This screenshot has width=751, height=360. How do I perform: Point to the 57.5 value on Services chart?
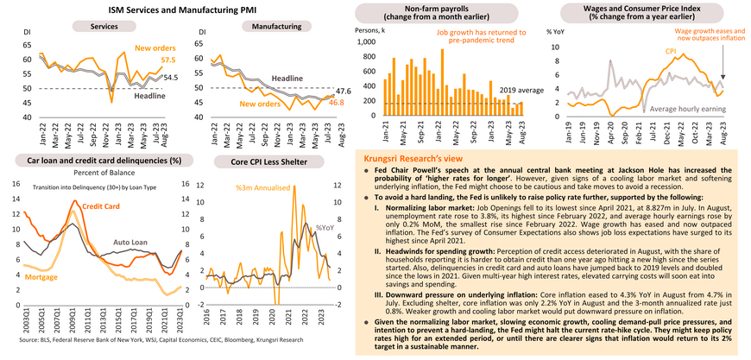tap(168, 60)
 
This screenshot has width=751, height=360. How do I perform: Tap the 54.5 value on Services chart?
tap(171, 78)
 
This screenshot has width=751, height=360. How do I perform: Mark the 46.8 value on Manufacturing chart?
tap(337, 103)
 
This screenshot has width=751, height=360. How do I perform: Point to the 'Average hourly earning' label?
tap(677, 109)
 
